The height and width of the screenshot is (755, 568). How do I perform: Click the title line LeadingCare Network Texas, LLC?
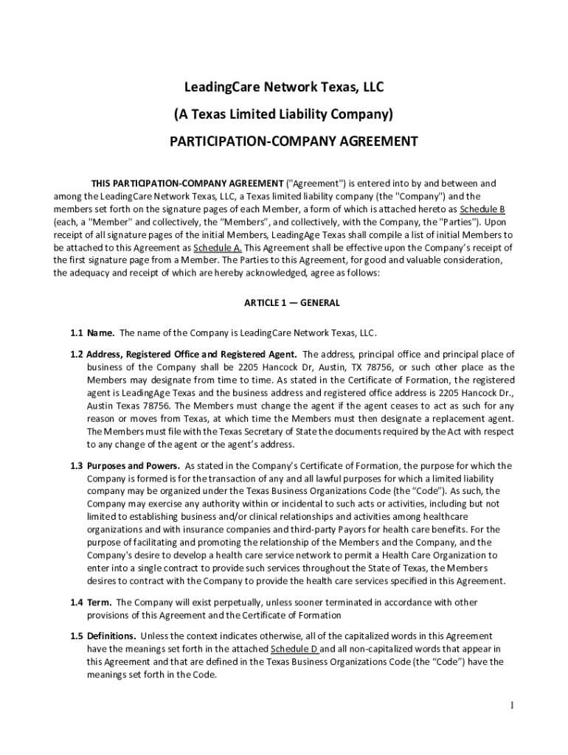[x=284, y=88]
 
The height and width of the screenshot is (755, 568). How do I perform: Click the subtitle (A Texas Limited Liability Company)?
[x=284, y=115]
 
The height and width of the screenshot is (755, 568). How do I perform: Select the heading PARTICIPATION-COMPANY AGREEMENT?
[x=284, y=141]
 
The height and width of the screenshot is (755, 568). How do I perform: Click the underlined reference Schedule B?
[x=482, y=209]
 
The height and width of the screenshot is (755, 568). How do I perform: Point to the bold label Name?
[x=101, y=333]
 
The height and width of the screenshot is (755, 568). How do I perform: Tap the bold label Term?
[x=100, y=602]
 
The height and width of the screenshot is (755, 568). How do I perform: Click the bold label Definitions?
[x=111, y=636]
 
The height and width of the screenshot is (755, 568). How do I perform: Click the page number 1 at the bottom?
[x=510, y=706]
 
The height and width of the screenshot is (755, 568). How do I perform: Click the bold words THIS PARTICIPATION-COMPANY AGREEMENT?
[x=187, y=183]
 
